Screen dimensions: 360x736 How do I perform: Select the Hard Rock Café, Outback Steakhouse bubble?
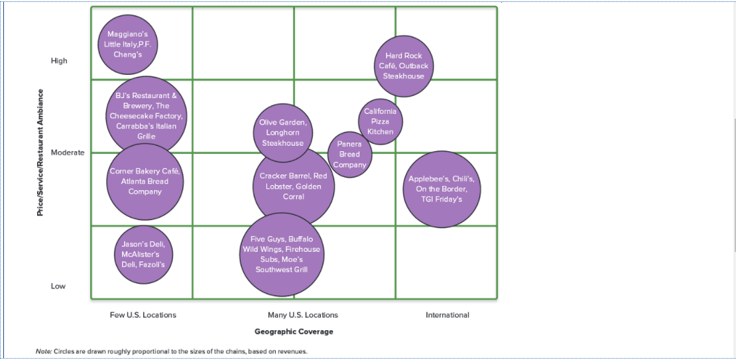click(x=404, y=66)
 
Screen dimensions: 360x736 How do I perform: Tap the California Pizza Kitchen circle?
click(x=381, y=121)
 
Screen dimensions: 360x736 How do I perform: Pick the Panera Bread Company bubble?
click(x=349, y=154)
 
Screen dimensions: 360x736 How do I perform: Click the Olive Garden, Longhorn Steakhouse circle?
click(x=282, y=133)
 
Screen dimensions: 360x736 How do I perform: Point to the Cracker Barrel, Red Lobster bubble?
click(x=293, y=186)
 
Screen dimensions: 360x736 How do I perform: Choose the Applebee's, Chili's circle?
click(x=441, y=189)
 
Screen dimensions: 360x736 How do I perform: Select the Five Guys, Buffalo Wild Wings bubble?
click(x=282, y=254)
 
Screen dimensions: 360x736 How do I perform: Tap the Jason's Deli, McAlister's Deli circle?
click(x=144, y=255)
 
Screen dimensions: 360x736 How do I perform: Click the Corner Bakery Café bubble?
click(x=145, y=182)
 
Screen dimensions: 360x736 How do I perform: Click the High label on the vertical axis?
click(x=59, y=61)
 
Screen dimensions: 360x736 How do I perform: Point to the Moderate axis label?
click(x=68, y=152)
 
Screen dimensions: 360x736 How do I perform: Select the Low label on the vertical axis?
click(x=58, y=286)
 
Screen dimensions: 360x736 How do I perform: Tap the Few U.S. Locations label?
click(x=143, y=315)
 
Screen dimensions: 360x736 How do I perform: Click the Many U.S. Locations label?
click(x=303, y=315)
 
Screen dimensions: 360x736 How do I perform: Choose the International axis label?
click(x=448, y=315)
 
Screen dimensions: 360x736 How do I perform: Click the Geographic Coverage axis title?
click(x=294, y=331)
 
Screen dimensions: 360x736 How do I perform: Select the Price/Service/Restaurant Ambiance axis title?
click(x=40, y=152)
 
